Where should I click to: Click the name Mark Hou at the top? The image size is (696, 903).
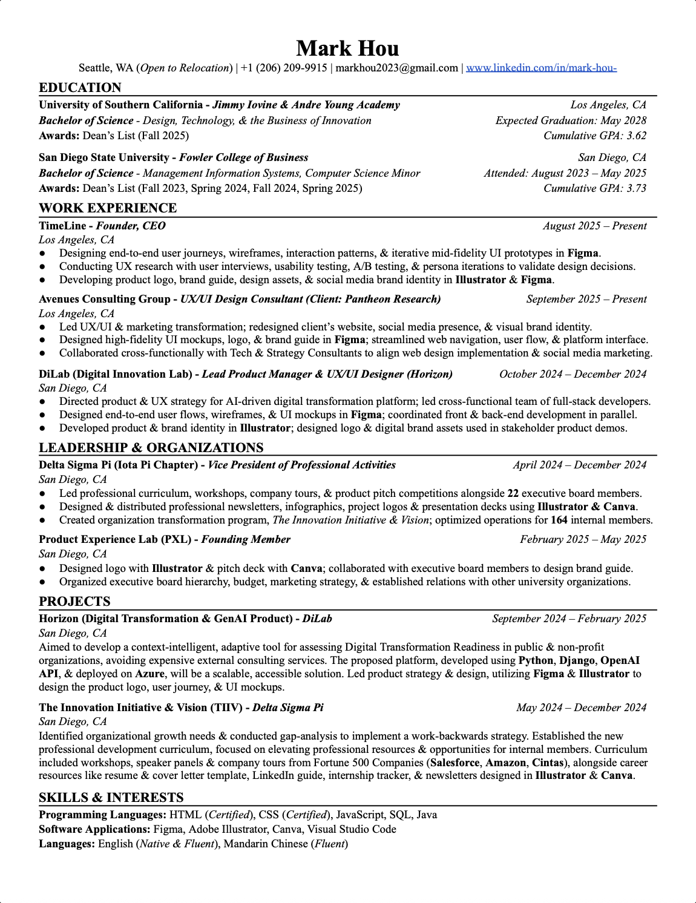pyautogui.click(x=347, y=48)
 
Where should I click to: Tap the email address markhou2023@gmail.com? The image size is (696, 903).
pyautogui.click(x=396, y=68)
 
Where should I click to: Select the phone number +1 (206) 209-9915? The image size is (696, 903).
pyautogui.click(x=284, y=68)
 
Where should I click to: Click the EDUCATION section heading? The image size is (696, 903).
pyautogui.click(x=80, y=87)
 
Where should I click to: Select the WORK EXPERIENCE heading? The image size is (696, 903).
pyautogui.click(x=108, y=208)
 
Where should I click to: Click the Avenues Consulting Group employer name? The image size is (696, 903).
pyautogui.click(x=104, y=299)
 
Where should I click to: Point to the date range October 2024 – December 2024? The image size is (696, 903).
pyautogui.click(x=573, y=374)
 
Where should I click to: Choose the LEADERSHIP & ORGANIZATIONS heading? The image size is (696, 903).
pyautogui.click(x=151, y=448)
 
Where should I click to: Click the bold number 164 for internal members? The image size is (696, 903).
pyautogui.click(x=559, y=520)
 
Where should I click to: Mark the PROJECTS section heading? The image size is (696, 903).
pyautogui.click(x=74, y=602)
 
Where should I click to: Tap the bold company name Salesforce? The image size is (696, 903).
pyautogui.click(x=455, y=763)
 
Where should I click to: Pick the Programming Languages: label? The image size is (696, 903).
pyautogui.click(x=102, y=815)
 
